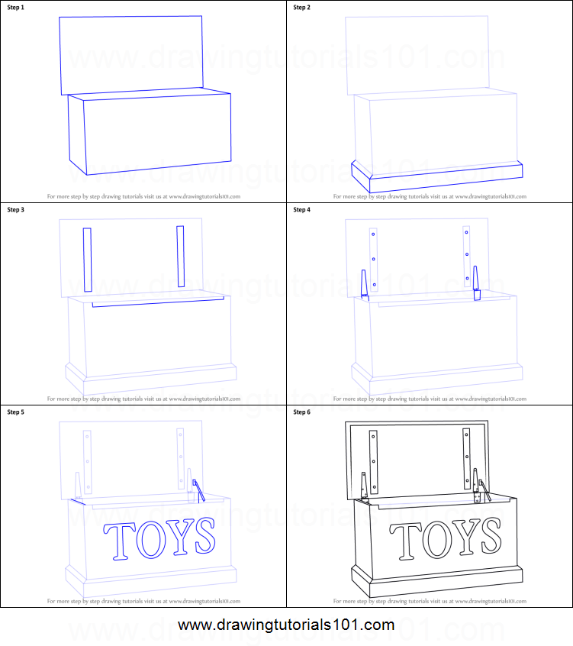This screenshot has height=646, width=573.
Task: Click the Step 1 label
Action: click(x=16, y=7)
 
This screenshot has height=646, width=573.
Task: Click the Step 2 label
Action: click(x=303, y=7)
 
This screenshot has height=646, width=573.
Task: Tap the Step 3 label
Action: click(x=16, y=209)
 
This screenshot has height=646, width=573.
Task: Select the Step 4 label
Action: click(x=303, y=209)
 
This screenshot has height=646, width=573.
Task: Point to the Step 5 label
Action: click(x=16, y=412)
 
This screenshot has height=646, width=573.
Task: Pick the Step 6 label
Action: click(x=303, y=412)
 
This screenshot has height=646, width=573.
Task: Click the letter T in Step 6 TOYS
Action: click(x=407, y=539)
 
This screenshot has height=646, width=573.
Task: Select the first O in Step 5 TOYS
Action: click(x=149, y=538)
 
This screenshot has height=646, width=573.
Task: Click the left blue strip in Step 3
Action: click(x=88, y=260)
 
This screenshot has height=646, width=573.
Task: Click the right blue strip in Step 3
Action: click(x=181, y=257)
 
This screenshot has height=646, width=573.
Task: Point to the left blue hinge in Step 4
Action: click(x=364, y=284)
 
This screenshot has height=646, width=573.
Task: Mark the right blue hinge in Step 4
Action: click(x=477, y=283)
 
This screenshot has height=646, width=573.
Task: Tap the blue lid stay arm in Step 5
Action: click(x=199, y=492)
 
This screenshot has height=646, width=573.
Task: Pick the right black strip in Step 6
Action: click(x=466, y=459)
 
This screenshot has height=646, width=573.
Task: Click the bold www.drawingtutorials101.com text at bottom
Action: click(x=286, y=625)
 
